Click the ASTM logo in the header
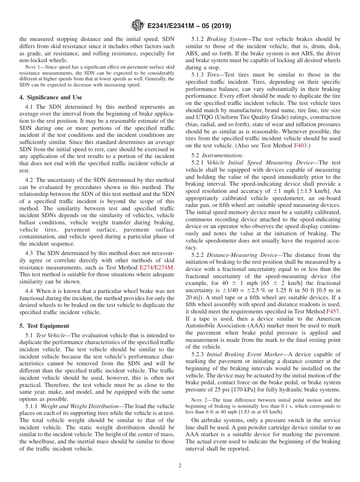tap(137, 25)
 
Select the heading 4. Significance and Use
tap(50, 97)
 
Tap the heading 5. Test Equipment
tap(44, 326)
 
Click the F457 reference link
tap(333, 311)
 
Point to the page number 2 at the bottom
tap(180, 466)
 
